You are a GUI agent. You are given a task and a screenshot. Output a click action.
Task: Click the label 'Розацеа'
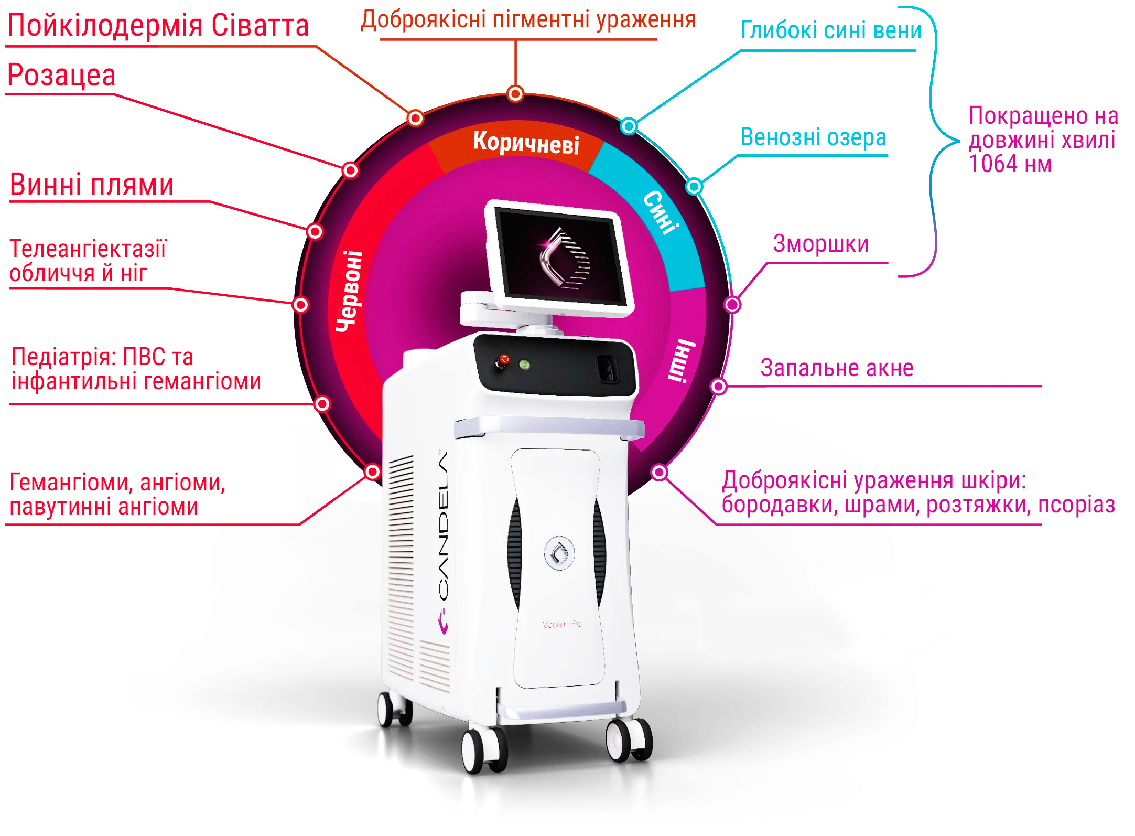pyautogui.click(x=61, y=76)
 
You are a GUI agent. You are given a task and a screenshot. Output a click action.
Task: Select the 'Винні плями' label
pyautogui.click(x=92, y=185)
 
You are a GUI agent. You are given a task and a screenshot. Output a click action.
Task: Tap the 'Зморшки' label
pyautogui.click(x=821, y=244)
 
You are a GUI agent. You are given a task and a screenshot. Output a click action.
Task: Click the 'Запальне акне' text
pyautogui.click(x=837, y=368)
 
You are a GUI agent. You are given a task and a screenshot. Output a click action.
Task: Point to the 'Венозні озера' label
pyautogui.click(x=813, y=137)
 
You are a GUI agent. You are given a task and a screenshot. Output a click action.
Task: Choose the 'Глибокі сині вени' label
pyautogui.click(x=831, y=30)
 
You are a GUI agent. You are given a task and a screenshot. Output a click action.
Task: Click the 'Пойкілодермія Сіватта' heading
pyautogui.click(x=158, y=26)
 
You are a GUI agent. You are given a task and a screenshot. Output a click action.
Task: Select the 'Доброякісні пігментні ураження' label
pyautogui.click(x=528, y=20)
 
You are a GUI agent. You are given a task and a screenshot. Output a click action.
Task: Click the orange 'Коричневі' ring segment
pyautogui.click(x=526, y=142)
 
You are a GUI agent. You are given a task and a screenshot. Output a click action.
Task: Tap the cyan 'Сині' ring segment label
pyautogui.click(x=662, y=212)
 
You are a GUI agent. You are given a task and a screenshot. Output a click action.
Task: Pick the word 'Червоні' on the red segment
pyautogui.click(x=350, y=291)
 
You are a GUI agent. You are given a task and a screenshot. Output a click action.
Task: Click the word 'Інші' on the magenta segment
pyautogui.click(x=682, y=361)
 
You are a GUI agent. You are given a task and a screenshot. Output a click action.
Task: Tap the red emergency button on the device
pyautogui.click(x=504, y=360)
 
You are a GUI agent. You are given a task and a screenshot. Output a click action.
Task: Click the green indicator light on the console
pyautogui.click(x=524, y=365)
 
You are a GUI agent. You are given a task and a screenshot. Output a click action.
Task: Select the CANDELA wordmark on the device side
pyautogui.click(x=444, y=524)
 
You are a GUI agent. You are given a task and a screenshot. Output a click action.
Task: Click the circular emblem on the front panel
pyautogui.click(x=559, y=552)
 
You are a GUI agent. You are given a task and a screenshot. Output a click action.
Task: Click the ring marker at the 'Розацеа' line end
pyautogui.click(x=350, y=170)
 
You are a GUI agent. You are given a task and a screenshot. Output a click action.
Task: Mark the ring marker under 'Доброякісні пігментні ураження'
pyautogui.click(x=515, y=94)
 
